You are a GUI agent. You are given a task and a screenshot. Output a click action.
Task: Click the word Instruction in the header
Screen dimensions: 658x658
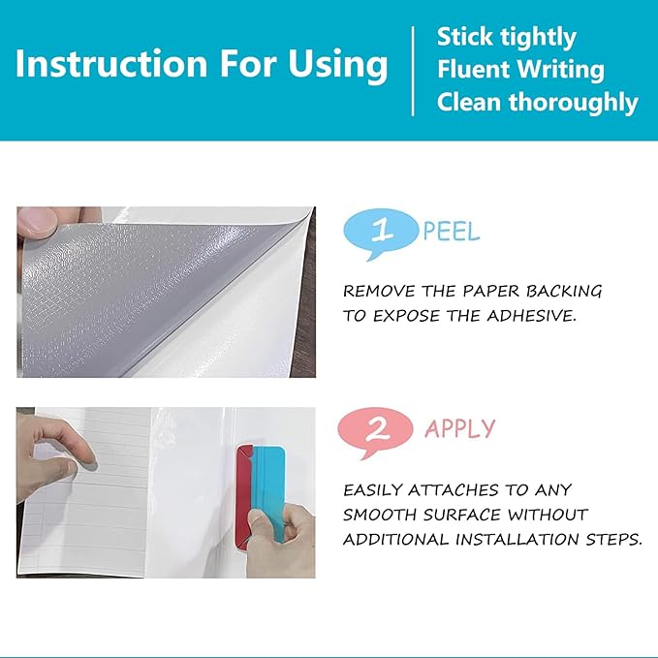tap(111, 63)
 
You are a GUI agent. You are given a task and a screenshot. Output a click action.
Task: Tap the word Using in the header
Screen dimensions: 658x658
tap(337, 65)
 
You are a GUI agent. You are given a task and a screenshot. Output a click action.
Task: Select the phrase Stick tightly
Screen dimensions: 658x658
tap(507, 38)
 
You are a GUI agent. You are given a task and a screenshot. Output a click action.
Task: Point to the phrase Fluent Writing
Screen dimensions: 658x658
tap(520, 70)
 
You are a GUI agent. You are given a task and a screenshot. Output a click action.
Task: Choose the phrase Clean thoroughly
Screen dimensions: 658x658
tap(537, 103)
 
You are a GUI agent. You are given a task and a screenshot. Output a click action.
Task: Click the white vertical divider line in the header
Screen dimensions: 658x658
tap(414, 71)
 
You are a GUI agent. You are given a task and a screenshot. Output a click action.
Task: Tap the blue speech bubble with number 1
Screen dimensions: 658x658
tap(380, 234)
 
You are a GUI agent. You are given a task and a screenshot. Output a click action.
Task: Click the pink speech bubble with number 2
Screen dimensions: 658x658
tap(375, 432)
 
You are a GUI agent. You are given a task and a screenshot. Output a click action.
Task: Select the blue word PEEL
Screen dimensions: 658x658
tap(452, 232)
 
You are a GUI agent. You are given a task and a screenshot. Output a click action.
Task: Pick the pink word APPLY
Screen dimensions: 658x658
tap(460, 428)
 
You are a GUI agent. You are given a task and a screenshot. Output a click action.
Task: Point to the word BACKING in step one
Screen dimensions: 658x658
tap(564, 291)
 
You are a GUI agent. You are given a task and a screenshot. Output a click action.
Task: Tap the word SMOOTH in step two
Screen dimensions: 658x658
tap(379, 515)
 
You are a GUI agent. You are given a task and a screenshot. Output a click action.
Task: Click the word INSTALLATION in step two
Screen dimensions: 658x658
tap(517, 539)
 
